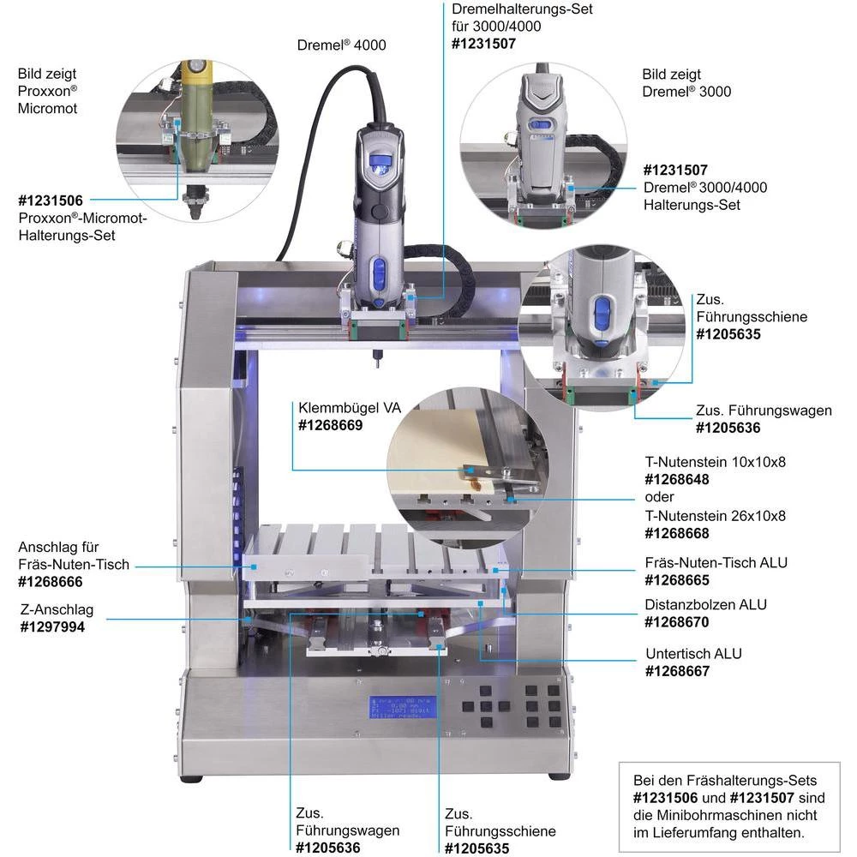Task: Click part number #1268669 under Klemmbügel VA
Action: [330, 425]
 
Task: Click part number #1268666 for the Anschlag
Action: [51, 582]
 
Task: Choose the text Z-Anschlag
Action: [57, 610]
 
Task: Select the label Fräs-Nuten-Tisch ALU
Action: [716, 563]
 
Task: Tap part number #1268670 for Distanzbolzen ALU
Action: [677, 621]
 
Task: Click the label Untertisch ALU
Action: [693, 654]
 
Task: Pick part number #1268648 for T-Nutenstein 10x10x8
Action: [677, 480]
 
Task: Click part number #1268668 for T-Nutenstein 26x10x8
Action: [677, 533]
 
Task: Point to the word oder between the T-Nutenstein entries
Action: [659, 497]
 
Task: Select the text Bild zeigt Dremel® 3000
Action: [686, 83]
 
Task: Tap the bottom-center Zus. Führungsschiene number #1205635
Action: [477, 848]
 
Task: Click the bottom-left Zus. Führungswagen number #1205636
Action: [328, 848]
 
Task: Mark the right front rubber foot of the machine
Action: [559, 776]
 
